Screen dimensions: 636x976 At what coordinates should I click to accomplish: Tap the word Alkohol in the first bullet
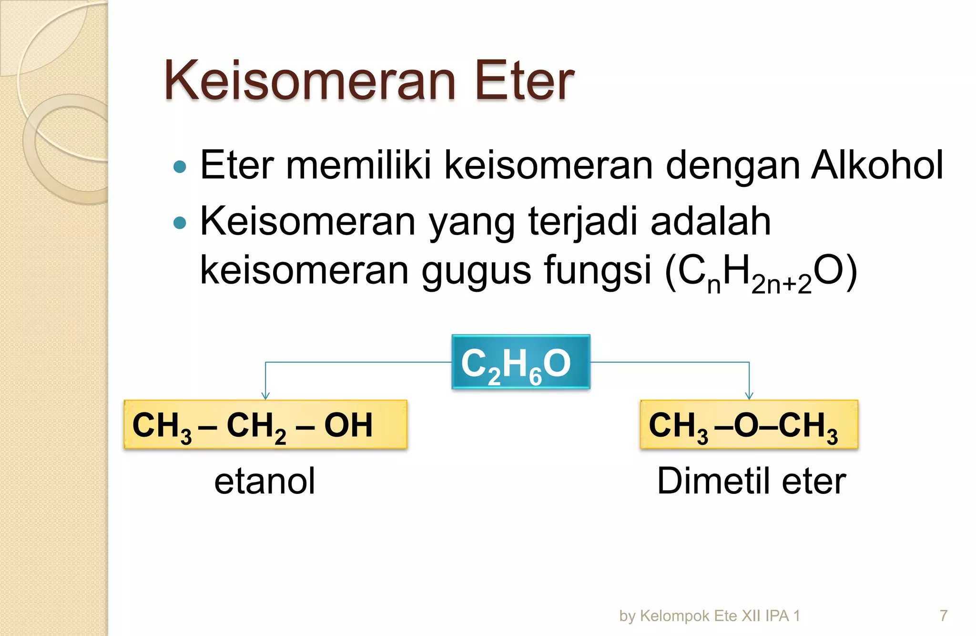pyautogui.click(x=877, y=165)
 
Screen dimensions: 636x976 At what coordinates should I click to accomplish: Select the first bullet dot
pyautogui.click(x=180, y=167)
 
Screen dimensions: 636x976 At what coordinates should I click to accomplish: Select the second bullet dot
pyautogui.click(x=180, y=223)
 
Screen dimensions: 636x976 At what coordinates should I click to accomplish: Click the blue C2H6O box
pyautogui.click(x=520, y=362)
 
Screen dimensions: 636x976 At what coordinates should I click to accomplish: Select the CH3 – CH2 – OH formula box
pyautogui.click(x=265, y=424)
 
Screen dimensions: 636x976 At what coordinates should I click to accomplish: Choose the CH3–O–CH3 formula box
pyautogui.click(x=749, y=424)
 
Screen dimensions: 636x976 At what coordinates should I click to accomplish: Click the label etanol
pyautogui.click(x=264, y=482)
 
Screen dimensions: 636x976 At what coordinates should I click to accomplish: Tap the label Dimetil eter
pyautogui.click(x=751, y=482)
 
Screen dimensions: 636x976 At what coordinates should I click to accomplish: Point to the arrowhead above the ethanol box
pyautogui.click(x=265, y=396)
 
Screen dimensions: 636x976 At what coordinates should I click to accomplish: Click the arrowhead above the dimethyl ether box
pyautogui.click(x=749, y=396)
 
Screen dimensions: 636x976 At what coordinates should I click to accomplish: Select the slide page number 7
pyautogui.click(x=943, y=615)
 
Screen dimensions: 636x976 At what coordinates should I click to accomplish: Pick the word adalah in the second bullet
pyautogui.click(x=710, y=221)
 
